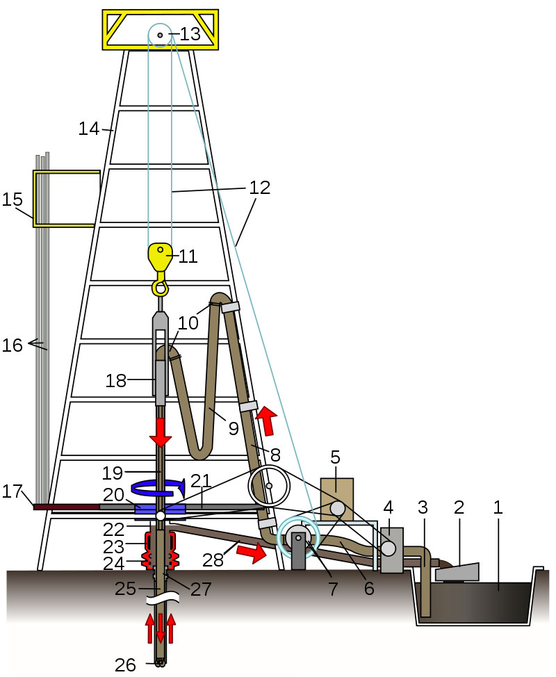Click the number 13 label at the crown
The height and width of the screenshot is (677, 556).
(x=190, y=34)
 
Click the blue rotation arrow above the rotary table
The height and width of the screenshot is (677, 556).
(x=158, y=487)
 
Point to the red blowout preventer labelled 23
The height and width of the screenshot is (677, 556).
(x=161, y=541)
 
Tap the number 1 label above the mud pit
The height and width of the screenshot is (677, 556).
(x=498, y=507)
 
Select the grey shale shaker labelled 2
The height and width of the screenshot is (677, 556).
(x=457, y=571)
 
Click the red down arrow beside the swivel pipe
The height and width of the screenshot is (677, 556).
(x=161, y=432)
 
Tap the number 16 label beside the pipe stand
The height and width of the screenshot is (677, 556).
(x=12, y=345)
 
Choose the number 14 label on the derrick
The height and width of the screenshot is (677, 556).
(x=89, y=129)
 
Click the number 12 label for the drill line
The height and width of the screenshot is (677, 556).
(x=259, y=188)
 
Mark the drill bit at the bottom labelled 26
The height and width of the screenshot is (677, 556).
(x=161, y=662)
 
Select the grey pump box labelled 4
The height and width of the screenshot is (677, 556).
(x=391, y=550)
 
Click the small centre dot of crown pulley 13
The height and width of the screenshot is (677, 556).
(x=160, y=35)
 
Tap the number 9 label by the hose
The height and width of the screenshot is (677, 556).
(x=234, y=428)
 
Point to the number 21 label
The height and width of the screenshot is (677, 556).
(x=201, y=480)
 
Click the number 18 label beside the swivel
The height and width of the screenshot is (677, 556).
(x=116, y=381)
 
